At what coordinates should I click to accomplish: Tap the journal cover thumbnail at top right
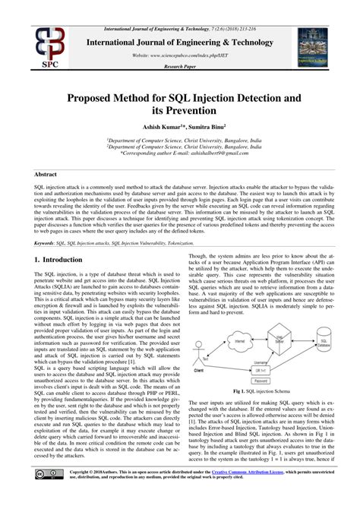pyautogui.click(x=317, y=43)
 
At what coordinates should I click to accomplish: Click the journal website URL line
pyautogui.click(x=179, y=55)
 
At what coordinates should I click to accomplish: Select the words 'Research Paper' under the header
pyautogui.click(x=179, y=67)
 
